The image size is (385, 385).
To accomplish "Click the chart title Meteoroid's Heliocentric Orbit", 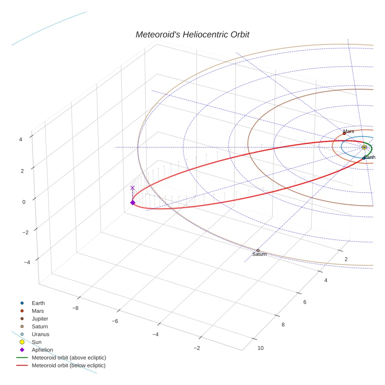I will [192, 35].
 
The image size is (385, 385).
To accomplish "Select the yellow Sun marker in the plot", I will [364, 147].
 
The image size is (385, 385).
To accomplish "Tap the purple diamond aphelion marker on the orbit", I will [133, 202].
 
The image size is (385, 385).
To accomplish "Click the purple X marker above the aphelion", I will [132, 188].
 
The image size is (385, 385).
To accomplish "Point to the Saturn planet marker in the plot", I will [258, 250].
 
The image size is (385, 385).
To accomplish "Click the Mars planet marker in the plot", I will [344, 133].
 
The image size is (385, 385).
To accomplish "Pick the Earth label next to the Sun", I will [370, 157].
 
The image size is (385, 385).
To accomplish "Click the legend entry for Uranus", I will [40, 334].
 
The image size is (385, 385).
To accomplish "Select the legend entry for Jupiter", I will [40, 318].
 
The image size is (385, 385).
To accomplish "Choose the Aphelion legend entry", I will [42, 350].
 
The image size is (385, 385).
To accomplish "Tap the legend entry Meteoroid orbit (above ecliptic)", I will [69, 358].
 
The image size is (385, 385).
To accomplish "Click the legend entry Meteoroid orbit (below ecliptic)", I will [68, 365].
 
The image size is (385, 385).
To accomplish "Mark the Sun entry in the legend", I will [37, 342].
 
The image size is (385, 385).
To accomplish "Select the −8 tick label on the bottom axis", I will [75, 308].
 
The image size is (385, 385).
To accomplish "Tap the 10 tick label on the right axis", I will [261, 348].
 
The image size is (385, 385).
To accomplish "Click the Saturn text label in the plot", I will [259, 254].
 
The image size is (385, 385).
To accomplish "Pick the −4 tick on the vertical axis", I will [27, 262].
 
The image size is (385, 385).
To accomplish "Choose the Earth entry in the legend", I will [38, 303].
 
